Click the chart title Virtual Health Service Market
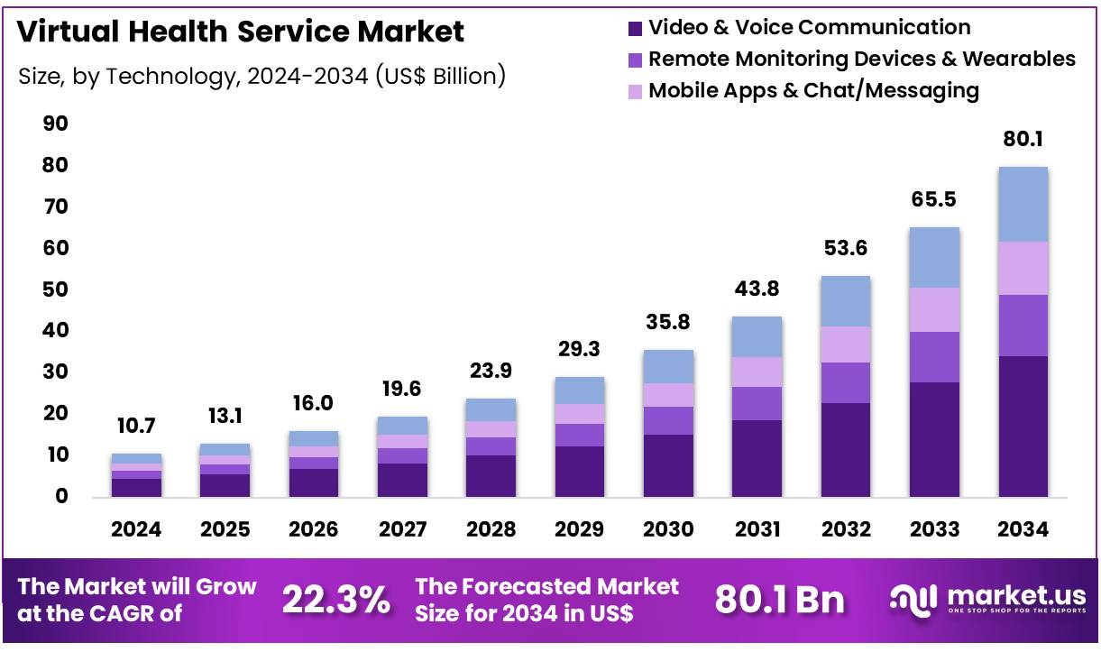(x=241, y=32)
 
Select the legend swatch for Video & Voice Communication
(x=636, y=29)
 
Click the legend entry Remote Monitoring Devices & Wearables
(x=861, y=60)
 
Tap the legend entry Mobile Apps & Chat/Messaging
(x=813, y=90)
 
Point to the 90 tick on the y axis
(x=55, y=124)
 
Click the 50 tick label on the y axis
(x=55, y=289)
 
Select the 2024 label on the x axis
(x=136, y=529)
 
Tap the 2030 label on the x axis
(x=668, y=529)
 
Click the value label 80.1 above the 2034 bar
(x=1023, y=140)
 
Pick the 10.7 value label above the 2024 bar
(x=136, y=426)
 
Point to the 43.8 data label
(x=757, y=289)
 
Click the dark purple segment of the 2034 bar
(x=1023, y=426)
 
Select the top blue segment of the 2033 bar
(x=934, y=257)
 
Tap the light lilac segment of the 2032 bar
(x=845, y=344)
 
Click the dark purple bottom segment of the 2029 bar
(x=579, y=471)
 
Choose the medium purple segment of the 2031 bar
(x=757, y=403)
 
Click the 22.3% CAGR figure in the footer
(x=336, y=599)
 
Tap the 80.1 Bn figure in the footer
(x=779, y=599)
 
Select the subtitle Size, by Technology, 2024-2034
(x=261, y=76)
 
